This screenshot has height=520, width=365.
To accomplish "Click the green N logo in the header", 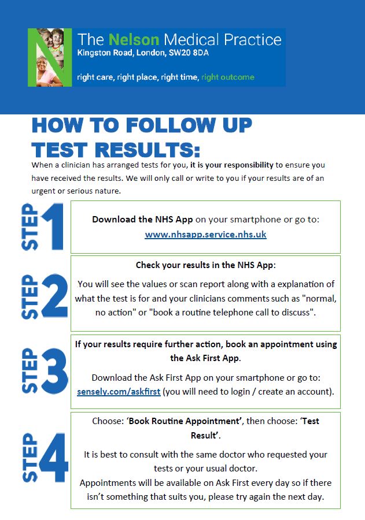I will coord(50,57).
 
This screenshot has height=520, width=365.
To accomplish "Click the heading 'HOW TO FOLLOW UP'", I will coord(142,125).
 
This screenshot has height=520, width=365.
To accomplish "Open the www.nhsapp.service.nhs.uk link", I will coord(205,235).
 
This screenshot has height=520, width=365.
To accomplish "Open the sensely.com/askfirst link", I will coord(119,391).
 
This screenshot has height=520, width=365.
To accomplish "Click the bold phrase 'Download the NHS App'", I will coord(142,220).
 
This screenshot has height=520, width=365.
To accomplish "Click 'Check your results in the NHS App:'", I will coord(206,265).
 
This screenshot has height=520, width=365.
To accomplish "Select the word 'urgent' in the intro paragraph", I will coord(45,191).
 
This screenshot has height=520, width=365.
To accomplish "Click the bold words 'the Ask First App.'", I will coord(205,358).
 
